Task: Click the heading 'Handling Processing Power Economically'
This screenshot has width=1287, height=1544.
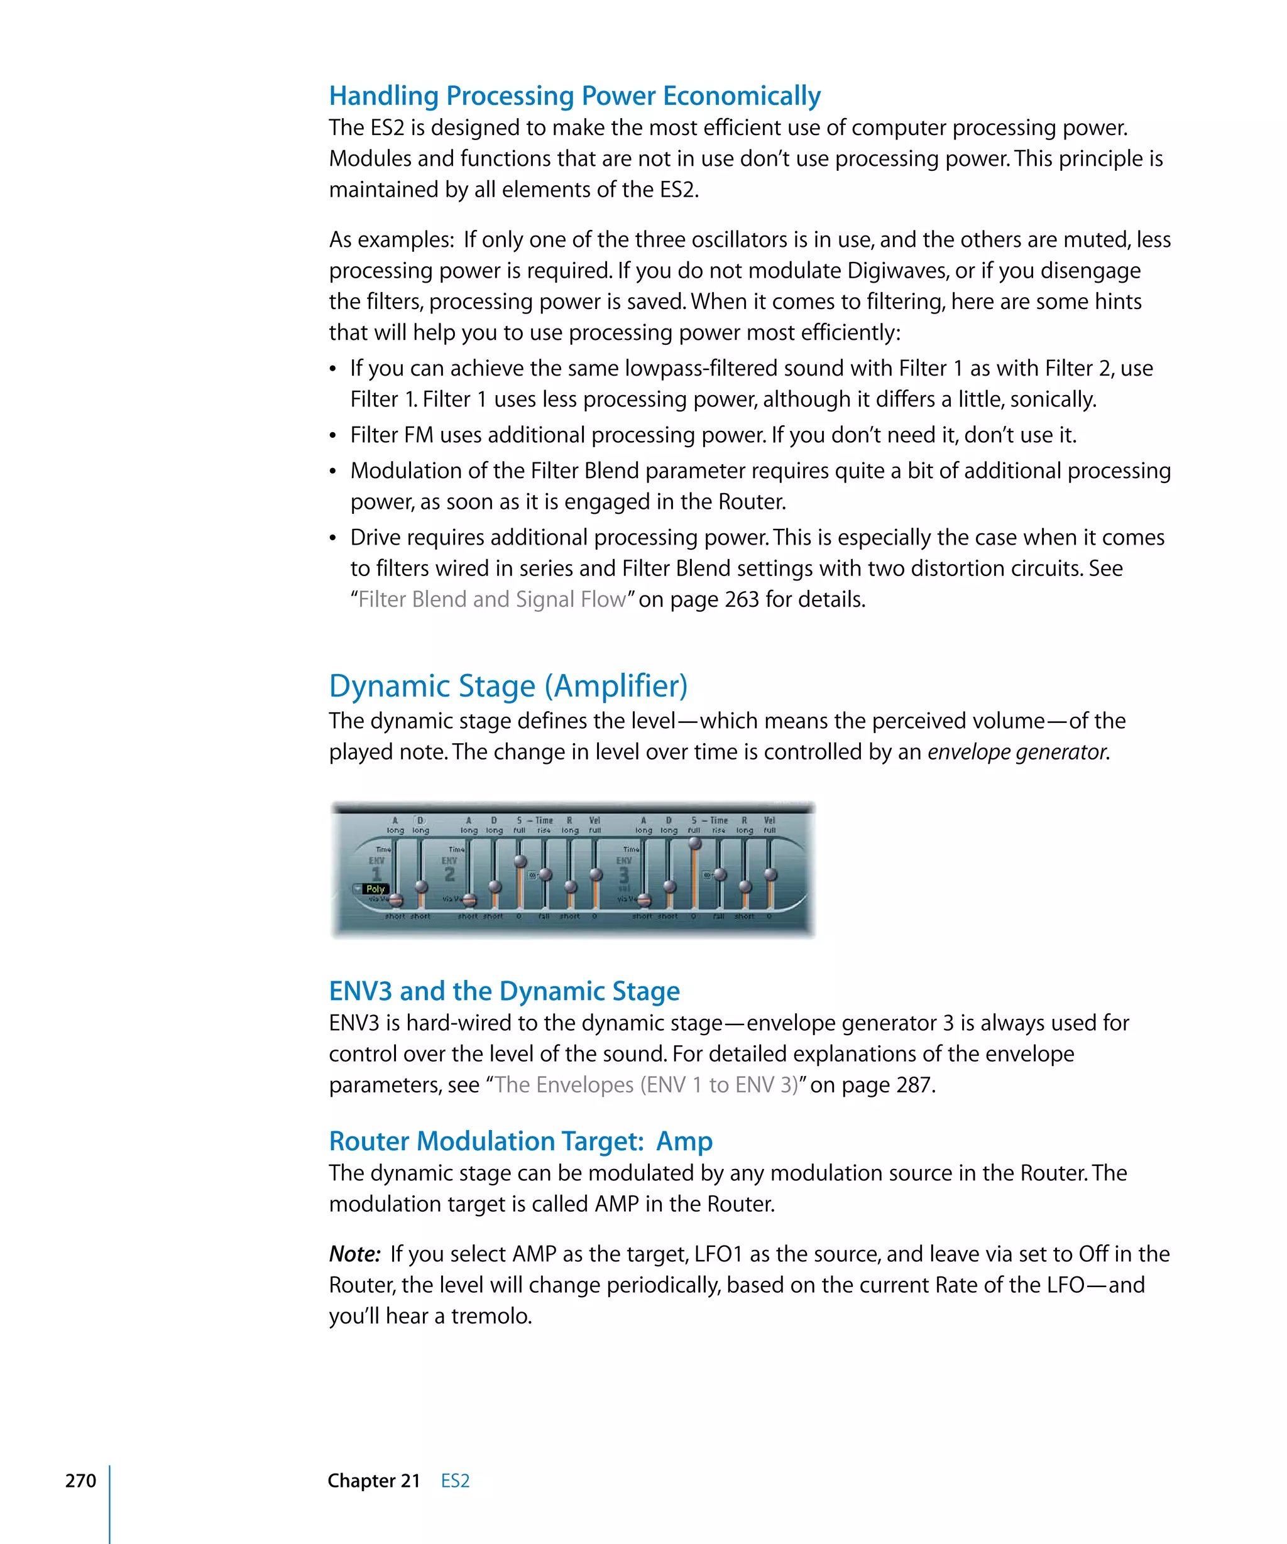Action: pyautogui.click(x=574, y=96)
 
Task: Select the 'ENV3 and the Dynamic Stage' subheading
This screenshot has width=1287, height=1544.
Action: pyautogui.click(x=504, y=991)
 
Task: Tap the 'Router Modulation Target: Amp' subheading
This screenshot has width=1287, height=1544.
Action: pyautogui.click(x=520, y=1141)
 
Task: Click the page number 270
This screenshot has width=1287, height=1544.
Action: pyautogui.click(x=80, y=1481)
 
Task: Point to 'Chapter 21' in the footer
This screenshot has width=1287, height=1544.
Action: pyautogui.click(x=374, y=1481)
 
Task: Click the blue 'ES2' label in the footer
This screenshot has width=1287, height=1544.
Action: pyautogui.click(x=454, y=1481)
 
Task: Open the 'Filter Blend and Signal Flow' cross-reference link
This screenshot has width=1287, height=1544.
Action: pyautogui.click(x=492, y=600)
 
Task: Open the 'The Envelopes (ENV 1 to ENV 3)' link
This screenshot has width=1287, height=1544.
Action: pyautogui.click(x=647, y=1085)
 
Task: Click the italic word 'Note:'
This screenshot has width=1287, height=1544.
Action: pyautogui.click(x=354, y=1254)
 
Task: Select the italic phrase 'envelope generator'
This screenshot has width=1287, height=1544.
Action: pyautogui.click(x=1017, y=752)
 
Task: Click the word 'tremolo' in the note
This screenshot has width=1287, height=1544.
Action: pyautogui.click(x=490, y=1316)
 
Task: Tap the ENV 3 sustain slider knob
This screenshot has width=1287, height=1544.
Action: pyautogui.click(x=694, y=844)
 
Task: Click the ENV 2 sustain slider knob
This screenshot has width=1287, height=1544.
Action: pyautogui.click(x=520, y=862)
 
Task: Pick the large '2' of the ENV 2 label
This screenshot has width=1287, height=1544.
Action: pyautogui.click(x=449, y=875)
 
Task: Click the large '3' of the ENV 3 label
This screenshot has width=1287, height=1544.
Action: pyautogui.click(x=623, y=875)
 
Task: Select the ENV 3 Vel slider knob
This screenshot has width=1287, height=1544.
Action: pyautogui.click(x=770, y=875)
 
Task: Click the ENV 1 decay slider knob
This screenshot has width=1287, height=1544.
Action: pyautogui.click(x=420, y=886)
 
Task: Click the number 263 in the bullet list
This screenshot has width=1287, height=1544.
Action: pyautogui.click(x=742, y=600)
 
